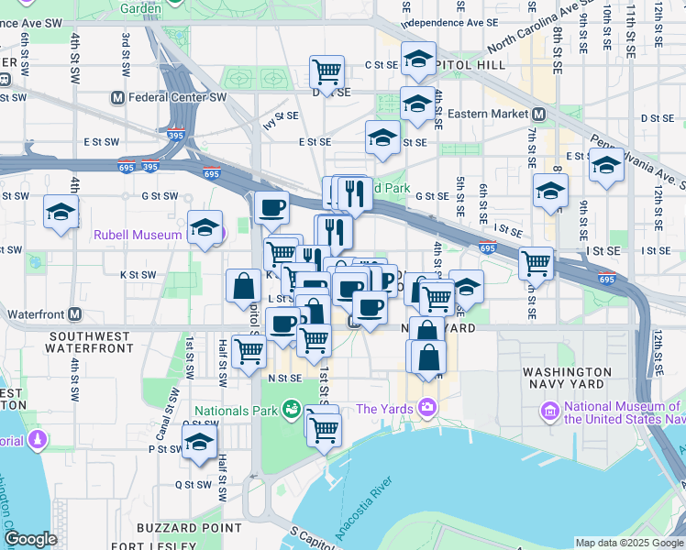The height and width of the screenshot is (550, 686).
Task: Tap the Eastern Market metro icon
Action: [539, 114]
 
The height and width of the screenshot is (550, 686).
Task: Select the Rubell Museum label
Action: [138, 235]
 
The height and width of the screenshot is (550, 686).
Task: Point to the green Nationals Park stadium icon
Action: [292, 408]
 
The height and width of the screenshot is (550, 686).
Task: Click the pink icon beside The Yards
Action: [427, 408]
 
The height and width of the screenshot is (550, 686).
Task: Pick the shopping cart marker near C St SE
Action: [326, 70]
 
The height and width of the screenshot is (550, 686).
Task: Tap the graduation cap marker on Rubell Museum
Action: [205, 225]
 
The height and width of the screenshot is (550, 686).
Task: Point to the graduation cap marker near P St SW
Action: [198, 444]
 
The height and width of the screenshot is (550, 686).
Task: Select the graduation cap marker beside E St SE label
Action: [382, 137]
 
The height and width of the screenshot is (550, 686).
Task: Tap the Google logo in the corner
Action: [30, 539]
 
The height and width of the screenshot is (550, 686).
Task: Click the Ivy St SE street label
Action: [281, 116]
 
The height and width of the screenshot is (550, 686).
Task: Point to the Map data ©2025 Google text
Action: [628, 543]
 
